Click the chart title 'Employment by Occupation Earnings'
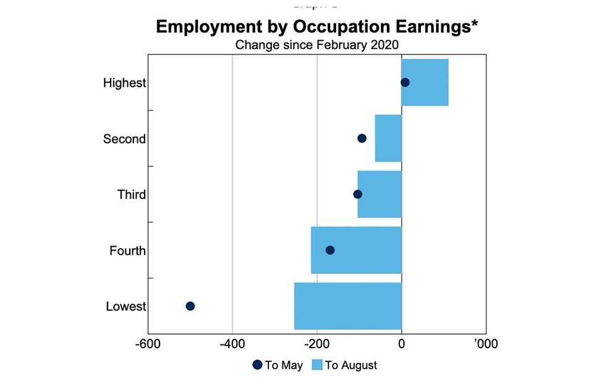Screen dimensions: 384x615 pos(317,27)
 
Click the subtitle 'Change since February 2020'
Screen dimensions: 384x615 pos(317,45)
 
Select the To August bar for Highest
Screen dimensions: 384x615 pos(425,82)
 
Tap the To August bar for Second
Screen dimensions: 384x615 pos(388,139)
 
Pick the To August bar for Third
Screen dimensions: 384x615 pos(380,194)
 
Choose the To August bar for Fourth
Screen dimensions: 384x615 pos(356,250)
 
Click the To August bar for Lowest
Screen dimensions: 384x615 pos(348,306)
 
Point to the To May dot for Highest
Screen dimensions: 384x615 pos(405,82)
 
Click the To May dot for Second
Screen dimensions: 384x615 pos(362,139)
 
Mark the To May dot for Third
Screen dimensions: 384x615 pos(357,194)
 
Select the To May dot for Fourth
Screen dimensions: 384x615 pos(329,250)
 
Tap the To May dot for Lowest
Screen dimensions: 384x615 pos(190,306)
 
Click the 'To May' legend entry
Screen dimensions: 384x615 pos(278,365)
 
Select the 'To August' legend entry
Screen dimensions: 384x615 pos(344,365)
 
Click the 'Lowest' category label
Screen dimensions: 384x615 pos(125,306)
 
